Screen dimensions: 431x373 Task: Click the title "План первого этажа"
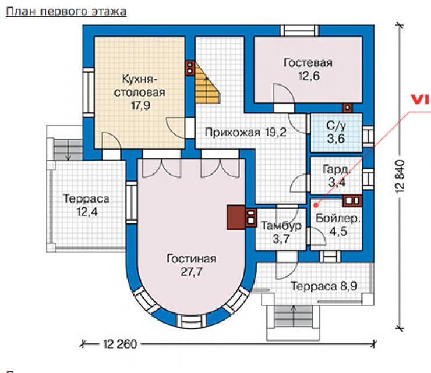[66, 12]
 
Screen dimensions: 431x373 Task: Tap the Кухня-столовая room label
[140, 92]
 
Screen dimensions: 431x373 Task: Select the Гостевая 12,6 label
[308, 69]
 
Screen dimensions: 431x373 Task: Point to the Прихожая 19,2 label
[245, 133]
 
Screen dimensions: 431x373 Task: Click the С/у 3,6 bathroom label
[336, 132]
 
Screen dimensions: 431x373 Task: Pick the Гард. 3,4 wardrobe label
[337, 176]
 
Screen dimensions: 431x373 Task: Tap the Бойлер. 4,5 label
[338, 225]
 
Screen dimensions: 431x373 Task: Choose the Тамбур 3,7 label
[281, 232]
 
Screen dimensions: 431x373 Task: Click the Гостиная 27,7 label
[191, 265]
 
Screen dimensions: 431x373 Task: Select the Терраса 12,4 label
[86, 205]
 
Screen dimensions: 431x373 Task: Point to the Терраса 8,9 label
[324, 286]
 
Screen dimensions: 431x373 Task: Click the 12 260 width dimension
[120, 344]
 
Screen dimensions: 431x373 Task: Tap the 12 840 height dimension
[400, 176]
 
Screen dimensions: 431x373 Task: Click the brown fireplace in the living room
[236, 218]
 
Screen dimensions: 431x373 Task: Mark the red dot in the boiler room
[316, 205]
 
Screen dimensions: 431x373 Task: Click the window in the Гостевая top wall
[299, 30]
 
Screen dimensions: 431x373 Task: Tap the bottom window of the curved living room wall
[191, 321]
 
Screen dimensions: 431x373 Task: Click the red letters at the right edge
[421, 100]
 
